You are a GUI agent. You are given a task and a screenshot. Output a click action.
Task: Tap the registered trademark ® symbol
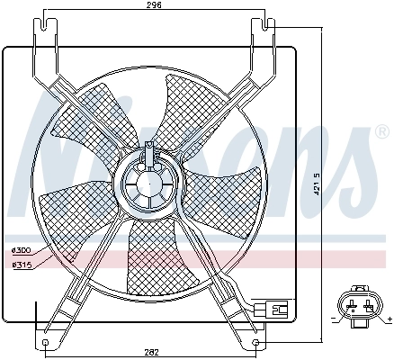coord(381,133)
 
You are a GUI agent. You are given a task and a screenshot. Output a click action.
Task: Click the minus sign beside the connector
coord(334,319)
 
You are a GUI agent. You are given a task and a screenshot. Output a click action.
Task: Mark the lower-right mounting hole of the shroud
coord(257,342)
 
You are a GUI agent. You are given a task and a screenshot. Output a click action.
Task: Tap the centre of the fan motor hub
coord(149,181)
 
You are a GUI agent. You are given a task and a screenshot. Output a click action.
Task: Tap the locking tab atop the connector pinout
coord(360,291)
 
